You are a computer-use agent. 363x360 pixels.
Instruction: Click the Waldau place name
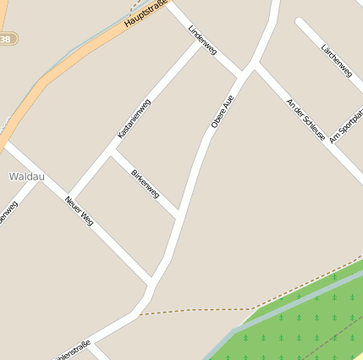[26, 176]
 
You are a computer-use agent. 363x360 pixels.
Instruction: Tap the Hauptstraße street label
[143, 13]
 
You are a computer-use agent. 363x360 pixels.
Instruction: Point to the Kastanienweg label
[134, 119]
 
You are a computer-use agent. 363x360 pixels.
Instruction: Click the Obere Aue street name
[222, 112]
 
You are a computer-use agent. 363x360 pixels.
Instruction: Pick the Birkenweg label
[146, 183]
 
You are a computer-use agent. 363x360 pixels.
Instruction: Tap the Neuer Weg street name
[80, 210]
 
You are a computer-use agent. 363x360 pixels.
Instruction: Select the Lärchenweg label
[337, 62]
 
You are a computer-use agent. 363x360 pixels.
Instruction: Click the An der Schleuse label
[305, 119]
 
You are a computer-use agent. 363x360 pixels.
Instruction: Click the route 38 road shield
[6, 39]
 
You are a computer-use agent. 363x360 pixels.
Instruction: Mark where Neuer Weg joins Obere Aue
[151, 280]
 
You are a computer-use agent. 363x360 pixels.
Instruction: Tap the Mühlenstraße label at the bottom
[72, 350]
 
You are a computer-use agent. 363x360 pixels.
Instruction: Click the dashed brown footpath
[195, 310]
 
